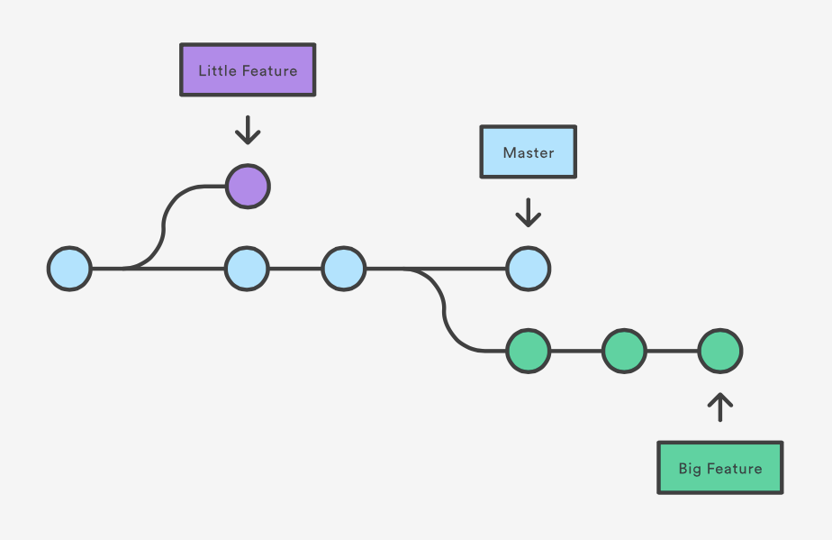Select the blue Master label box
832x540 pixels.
tap(528, 151)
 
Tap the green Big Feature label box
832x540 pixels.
tap(719, 467)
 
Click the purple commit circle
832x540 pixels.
tap(248, 187)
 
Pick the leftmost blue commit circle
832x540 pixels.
tap(69, 269)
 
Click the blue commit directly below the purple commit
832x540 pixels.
tap(248, 269)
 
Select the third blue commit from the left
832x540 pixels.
tap(344, 269)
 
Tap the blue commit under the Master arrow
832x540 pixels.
tap(528, 269)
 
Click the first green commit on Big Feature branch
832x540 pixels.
tap(528, 351)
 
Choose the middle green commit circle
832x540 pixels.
tap(624, 351)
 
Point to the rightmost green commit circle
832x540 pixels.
tap(719, 351)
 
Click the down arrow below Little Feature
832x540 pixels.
tap(248, 132)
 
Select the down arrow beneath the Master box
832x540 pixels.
tap(528, 214)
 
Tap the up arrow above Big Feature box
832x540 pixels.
tap(719, 407)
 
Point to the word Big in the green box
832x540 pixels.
tap(690, 469)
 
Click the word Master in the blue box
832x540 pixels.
tap(529, 152)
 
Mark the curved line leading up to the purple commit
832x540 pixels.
tap(164, 225)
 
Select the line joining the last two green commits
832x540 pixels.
tap(672, 351)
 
